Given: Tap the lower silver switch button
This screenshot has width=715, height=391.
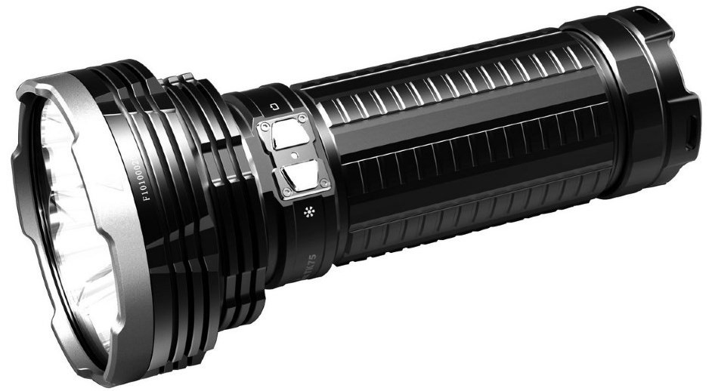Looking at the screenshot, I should click(x=296, y=179).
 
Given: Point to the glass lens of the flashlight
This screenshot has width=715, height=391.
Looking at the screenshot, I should click(x=64, y=196).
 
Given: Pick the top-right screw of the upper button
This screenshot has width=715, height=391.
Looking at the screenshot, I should click(x=302, y=118).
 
